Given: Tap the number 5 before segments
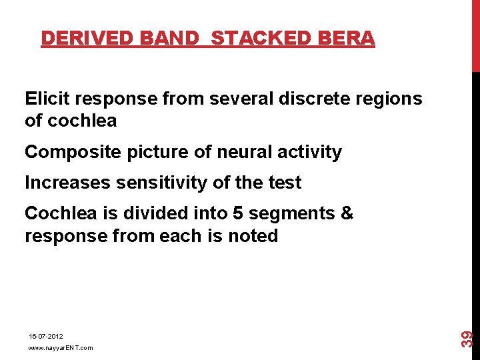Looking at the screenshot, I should click(x=238, y=213).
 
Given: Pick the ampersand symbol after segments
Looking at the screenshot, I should click(x=347, y=213).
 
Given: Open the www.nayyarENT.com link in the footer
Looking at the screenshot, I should click(x=60, y=348).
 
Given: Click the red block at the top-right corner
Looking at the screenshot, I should click(x=475, y=35).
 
